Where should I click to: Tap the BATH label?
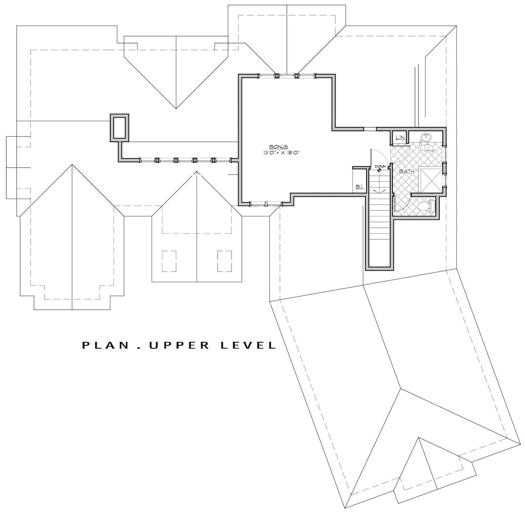coord(406,171)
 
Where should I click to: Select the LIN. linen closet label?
coord(399,138)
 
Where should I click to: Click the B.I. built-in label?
coord(359,187)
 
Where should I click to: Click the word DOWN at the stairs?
coord(379,167)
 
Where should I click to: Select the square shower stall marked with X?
coord(430,179)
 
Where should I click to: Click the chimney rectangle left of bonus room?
coord(119,127)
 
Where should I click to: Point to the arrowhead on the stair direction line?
coord(379,191)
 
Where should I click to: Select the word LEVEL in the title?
coord(251,345)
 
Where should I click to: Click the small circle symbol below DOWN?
coord(379,171)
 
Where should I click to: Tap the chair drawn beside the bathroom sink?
coord(426,148)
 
